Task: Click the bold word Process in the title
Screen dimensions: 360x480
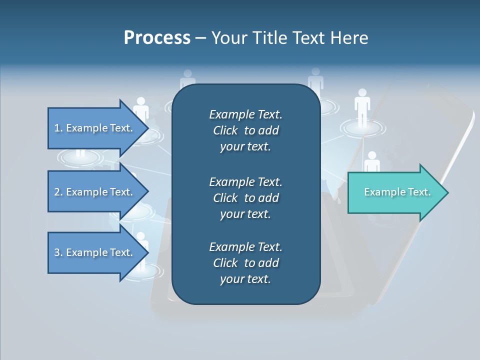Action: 157,38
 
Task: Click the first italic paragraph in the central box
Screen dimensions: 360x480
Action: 245,130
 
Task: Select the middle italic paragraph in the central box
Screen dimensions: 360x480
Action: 245,198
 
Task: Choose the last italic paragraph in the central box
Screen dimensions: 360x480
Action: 245,263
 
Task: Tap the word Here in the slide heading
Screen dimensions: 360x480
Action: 349,38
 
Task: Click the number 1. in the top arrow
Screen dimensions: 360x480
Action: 58,128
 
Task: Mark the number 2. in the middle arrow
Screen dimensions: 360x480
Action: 58,192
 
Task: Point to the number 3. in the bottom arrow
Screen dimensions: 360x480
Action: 58,252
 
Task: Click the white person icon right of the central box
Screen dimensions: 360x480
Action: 362,105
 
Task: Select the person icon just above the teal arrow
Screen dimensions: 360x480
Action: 371,162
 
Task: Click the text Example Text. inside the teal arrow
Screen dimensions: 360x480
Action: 397,192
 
